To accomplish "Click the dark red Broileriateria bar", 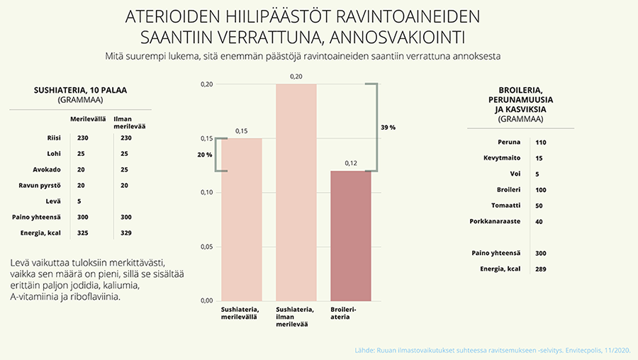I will click(351, 235).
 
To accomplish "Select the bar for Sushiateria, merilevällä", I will click(242, 219).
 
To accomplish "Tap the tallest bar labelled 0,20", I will click(296, 192).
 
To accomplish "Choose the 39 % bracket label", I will click(388, 128).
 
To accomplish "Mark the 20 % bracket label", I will click(204, 154).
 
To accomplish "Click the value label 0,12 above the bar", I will click(351, 163).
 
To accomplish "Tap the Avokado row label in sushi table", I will click(47, 170).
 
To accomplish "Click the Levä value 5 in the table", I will click(79, 201).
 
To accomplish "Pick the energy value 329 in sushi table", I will click(126, 232).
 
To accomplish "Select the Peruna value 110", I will click(541, 142).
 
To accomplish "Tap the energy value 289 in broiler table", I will click(541, 269).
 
